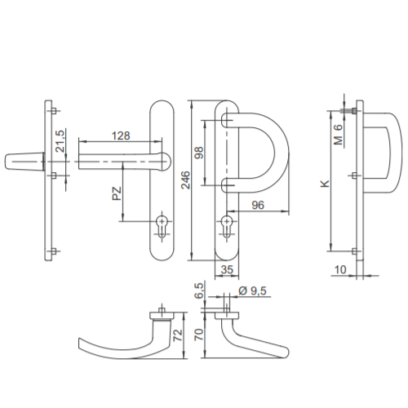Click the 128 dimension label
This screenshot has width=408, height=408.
[x=121, y=135]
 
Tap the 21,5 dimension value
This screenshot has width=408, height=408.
[x=60, y=141]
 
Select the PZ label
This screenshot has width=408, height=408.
[x=117, y=193]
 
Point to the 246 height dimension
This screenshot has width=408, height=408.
[x=185, y=180]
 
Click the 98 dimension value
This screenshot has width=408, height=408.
[x=199, y=153]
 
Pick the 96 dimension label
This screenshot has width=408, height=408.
[x=258, y=205]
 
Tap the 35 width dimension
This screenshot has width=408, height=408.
[x=227, y=270]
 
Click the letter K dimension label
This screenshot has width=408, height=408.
[x=325, y=184]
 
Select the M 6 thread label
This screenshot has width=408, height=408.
[x=338, y=135]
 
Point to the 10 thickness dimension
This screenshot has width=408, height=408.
[x=340, y=270]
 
